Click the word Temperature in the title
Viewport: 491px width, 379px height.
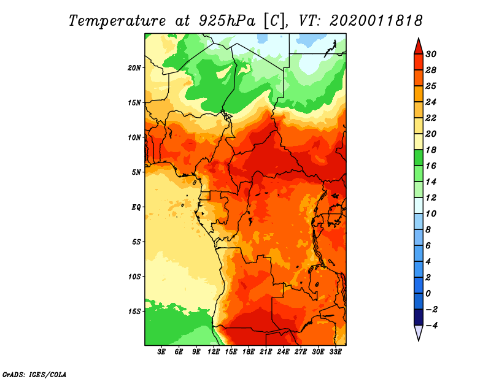point(120,20)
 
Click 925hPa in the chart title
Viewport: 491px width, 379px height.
point(225,20)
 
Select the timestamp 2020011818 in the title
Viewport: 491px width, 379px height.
point(376,20)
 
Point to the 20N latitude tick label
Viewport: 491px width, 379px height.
point(134,67)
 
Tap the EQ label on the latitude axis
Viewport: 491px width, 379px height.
point(136,207)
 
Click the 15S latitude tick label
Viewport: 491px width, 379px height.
point(134,311)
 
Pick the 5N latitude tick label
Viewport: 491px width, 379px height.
point(136,172)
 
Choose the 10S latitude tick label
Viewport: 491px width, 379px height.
point(134,276)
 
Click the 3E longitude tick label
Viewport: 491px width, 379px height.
point(162,352)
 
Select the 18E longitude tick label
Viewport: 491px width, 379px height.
point(249,352)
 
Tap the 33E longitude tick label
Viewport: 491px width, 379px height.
point(335,352)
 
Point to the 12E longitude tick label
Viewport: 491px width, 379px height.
point(214,352)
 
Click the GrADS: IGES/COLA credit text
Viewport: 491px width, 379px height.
point(34,373)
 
